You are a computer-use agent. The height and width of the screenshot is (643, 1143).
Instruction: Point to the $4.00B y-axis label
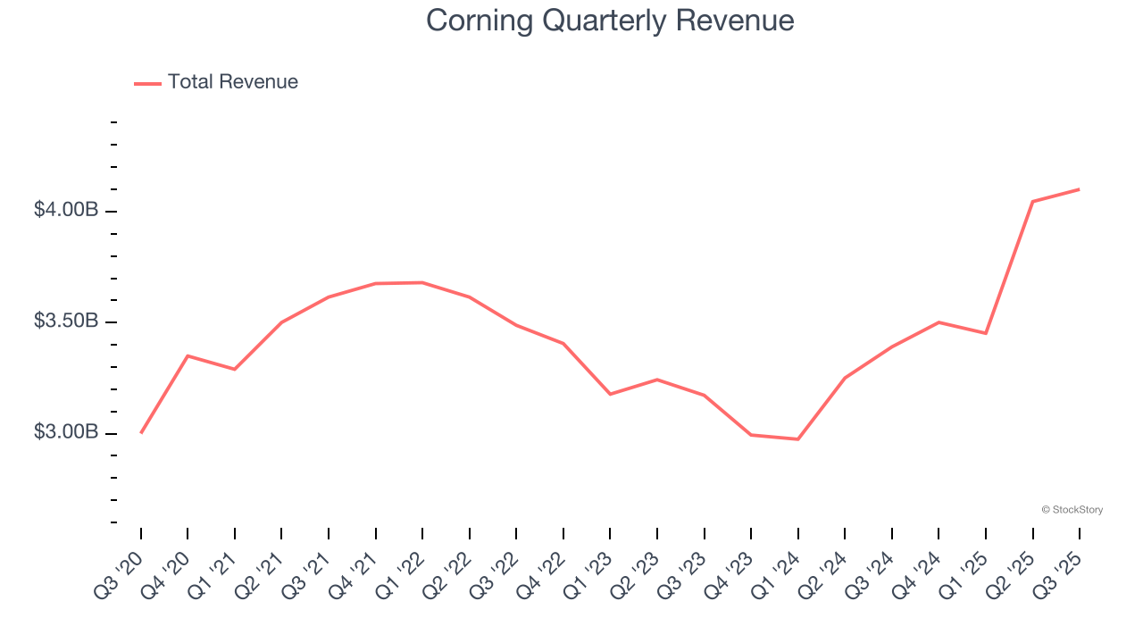click(66, 210)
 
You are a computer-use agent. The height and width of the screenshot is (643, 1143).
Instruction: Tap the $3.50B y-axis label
click(66, 321)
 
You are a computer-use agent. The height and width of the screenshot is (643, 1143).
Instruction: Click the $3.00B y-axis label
click(66, 432)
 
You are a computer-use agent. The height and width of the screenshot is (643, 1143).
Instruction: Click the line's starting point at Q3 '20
click(141, 433)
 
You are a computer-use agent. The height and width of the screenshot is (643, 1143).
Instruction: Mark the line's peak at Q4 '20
click(188, 355)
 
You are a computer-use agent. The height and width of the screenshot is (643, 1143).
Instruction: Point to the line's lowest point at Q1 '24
click(797, 439)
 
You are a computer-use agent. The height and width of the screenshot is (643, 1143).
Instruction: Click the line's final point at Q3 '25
click(1079, 189)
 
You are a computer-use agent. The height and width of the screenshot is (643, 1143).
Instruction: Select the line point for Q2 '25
click(1032, 202)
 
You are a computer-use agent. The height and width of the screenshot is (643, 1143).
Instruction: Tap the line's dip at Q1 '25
click(986, 333)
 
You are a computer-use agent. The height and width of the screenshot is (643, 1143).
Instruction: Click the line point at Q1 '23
click(610, 394)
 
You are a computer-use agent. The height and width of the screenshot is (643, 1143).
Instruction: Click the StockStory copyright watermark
click(1072, 510)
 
